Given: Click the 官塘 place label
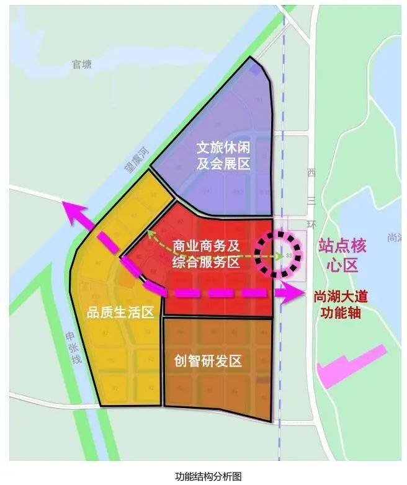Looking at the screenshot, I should [x=81, y=64].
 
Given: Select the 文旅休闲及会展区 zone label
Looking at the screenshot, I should [x=223, y=156].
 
